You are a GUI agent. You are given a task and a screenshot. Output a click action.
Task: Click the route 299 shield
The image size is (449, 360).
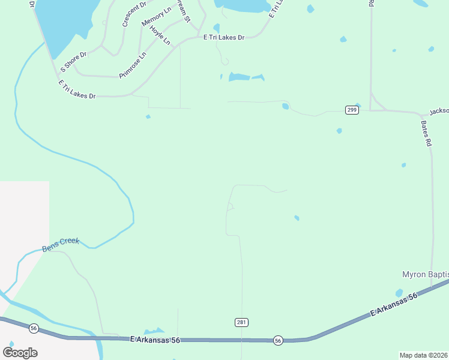coord(352,110)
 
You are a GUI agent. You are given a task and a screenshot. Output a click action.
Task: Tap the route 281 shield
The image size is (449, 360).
coord(241,323)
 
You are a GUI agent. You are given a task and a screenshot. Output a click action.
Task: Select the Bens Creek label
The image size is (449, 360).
coord(61,244)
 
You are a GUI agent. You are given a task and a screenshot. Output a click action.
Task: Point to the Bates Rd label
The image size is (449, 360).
coord(426,134)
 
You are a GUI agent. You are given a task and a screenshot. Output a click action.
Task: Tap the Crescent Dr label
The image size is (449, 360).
coord(134,14)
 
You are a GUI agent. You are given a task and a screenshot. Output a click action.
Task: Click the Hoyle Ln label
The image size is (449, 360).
coord(160,36)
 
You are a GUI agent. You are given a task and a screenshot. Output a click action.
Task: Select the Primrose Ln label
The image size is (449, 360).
coord(133,65)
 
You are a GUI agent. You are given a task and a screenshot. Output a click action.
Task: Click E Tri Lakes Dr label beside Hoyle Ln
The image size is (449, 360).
coord(224,37)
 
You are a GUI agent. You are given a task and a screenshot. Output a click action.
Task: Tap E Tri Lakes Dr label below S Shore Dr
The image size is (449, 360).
coord(77,88)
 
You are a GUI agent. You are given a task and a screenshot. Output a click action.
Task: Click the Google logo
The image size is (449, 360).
coord(20,352)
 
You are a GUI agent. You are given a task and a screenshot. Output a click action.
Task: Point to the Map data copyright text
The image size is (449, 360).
coord(424,355)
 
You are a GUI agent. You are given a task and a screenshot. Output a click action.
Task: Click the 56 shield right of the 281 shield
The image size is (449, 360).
coord(277,340)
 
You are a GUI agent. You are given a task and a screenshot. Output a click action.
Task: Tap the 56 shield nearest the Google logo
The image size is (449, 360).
coord(34,328)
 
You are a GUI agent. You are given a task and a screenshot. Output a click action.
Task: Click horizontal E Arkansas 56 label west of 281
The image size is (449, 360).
coord(155,340)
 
